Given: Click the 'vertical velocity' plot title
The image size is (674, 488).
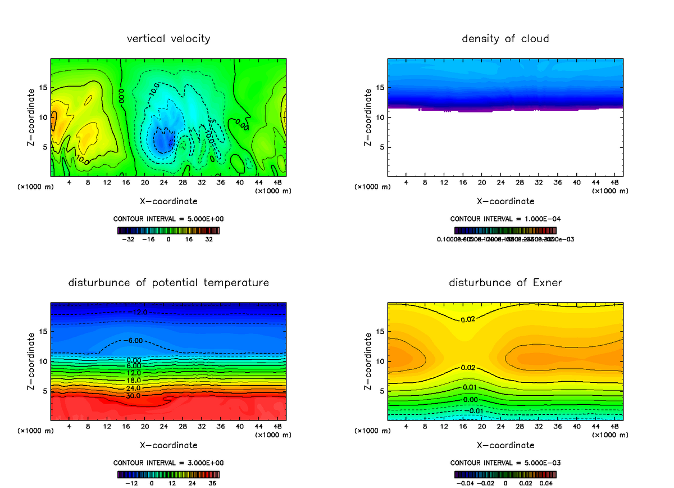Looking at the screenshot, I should tap(168, 39).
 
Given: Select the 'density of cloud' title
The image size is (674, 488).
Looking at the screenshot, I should tap(505, 39).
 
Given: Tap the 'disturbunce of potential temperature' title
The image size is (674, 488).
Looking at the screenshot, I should tap(168, 282).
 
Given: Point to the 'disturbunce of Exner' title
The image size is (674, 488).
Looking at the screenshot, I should tap(505, 282).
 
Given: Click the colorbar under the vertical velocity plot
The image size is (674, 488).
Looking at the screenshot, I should tap(168, 230).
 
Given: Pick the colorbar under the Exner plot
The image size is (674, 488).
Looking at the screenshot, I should tap(505, 474).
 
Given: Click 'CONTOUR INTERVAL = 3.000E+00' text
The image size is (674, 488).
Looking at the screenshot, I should tap(168, 463).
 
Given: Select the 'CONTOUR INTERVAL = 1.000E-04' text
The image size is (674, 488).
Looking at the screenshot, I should tap(505, 219).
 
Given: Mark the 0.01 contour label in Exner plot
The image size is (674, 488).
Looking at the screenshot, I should tap(470, 387).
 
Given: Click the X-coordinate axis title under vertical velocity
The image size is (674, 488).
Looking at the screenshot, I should tap(168, 201).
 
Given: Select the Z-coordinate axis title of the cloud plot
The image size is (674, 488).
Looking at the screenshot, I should tap(368, 118).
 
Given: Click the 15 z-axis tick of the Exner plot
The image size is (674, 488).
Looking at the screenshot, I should tap(380, 332).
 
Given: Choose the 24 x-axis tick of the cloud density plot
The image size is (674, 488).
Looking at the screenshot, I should tap(500, 183).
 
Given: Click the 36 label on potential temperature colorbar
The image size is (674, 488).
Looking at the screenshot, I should tap(212, 482).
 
